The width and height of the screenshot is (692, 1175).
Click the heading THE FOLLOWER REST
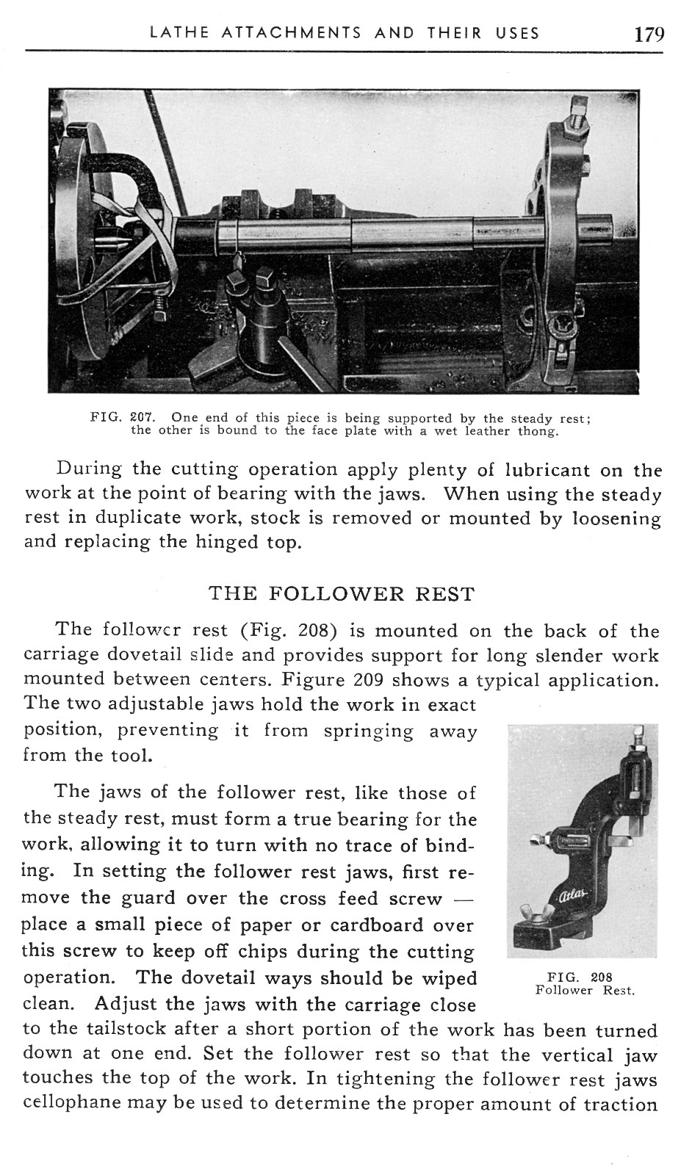[x=342, y=593]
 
